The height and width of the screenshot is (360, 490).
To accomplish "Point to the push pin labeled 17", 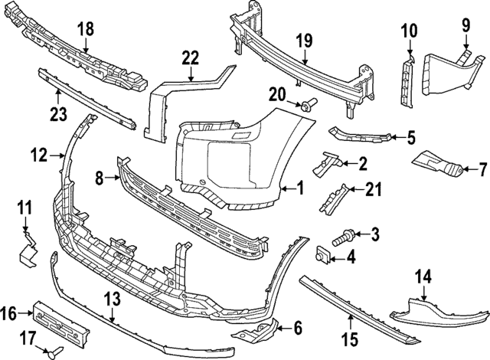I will [54, 352].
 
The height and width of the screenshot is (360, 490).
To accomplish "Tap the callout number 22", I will [190, 57].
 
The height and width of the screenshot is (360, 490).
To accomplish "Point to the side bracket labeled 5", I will [360, 136].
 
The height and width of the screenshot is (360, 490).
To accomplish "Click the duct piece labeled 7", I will [437, 165].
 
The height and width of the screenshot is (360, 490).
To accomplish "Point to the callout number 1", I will [300, 187].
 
